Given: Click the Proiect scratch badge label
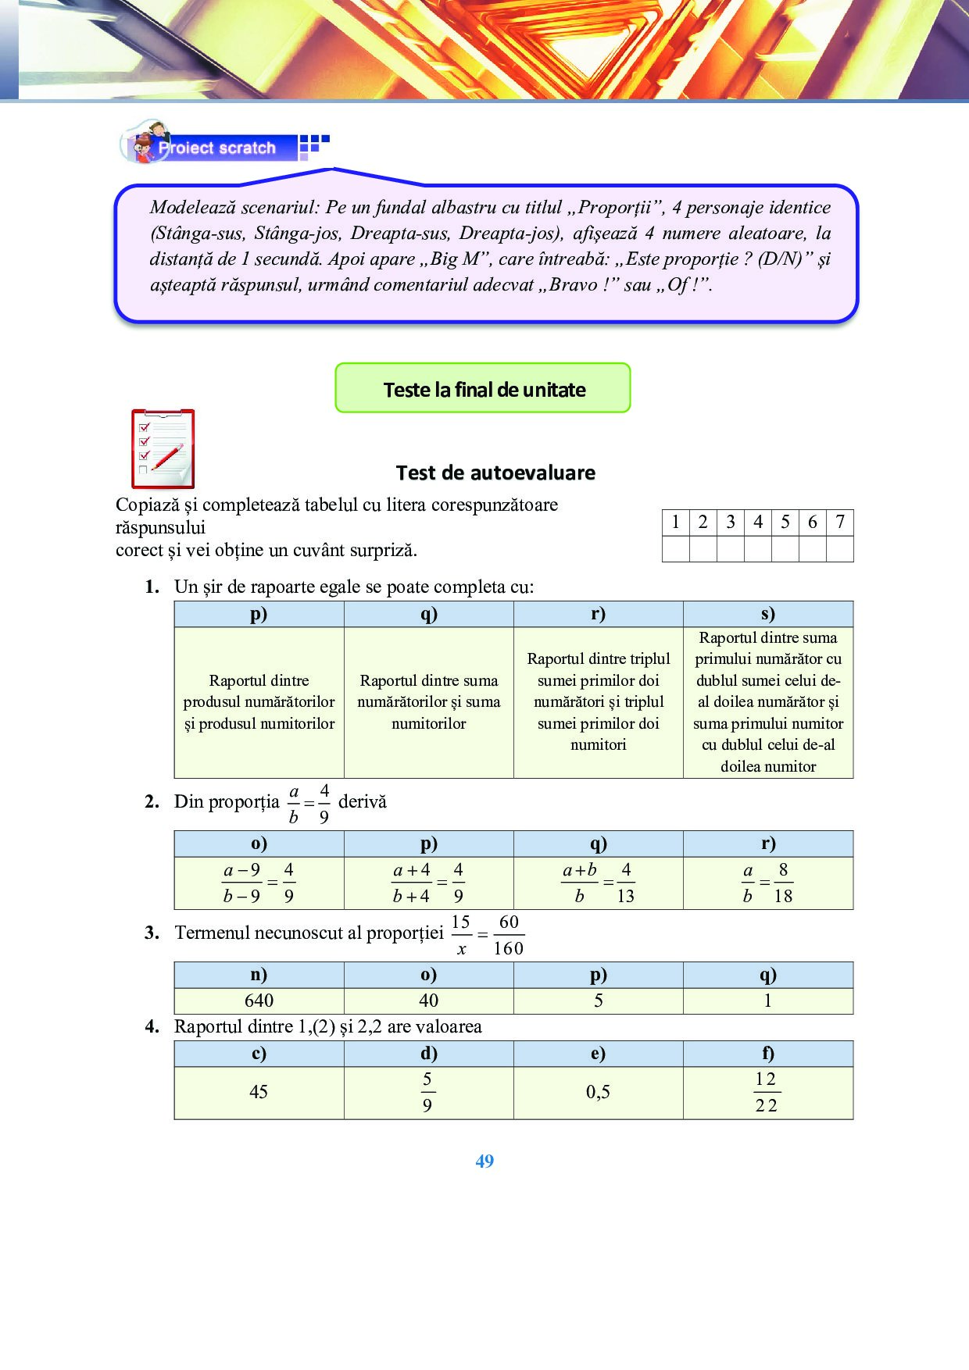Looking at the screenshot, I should (216, 148).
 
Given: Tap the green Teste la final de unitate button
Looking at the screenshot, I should (483, 388).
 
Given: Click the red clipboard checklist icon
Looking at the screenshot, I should (163, 448).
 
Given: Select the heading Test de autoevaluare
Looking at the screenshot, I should (495, 473).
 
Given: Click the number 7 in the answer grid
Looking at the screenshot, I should (839, 523).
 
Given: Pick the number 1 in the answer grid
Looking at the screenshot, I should (675, 523).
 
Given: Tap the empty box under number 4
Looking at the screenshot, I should (757, 549).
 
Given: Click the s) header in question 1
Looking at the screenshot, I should (767, 614).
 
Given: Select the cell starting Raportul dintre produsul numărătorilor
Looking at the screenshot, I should (259, 701).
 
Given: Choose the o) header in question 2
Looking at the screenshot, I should (259, 844).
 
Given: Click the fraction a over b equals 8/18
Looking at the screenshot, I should (767, 883).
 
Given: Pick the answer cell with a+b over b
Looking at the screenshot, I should (598, 883).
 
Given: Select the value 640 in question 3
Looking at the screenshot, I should (259, 1001).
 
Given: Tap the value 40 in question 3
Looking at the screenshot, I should (428, 1001).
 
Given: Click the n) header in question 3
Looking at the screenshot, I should (259, 975).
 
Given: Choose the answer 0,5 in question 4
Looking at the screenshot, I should (598, 1092).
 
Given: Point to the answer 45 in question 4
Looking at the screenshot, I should (259, 1092).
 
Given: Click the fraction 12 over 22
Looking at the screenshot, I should (766, 1092).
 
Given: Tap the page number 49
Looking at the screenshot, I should (484, 1161).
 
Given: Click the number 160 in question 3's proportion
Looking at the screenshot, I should (508, 948).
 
